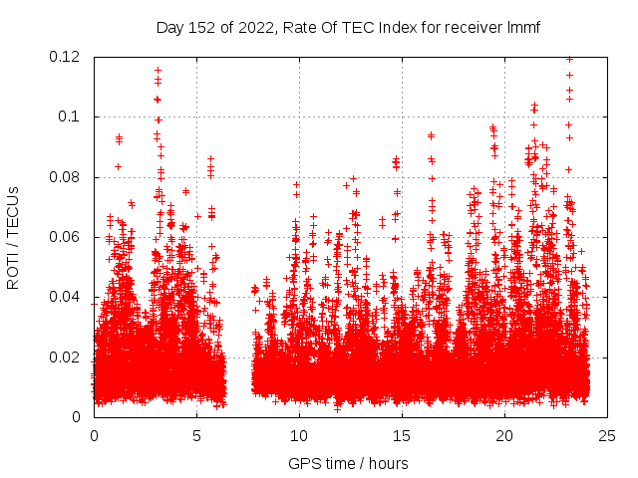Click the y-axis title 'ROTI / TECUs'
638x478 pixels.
coord(14,236)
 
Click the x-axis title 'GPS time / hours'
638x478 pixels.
coord(348,463)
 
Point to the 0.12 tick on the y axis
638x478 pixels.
coord(67,57)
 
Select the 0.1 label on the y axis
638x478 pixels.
coord(72,117)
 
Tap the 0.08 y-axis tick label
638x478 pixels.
coord(67,177)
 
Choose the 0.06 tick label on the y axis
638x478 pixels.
coord(67,237)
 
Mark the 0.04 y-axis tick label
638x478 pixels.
coord(67,297)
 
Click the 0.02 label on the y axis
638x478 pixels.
coord(67,357)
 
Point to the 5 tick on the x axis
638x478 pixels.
coord(197,435)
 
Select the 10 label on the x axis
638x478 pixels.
coord(299,435)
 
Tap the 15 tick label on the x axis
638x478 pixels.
coord(402,435)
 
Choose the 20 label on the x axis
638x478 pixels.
coord(504,435)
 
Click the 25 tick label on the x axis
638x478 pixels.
coord(607,435)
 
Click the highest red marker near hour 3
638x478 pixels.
coord(158,71)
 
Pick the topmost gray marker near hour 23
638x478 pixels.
coord(569,59)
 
